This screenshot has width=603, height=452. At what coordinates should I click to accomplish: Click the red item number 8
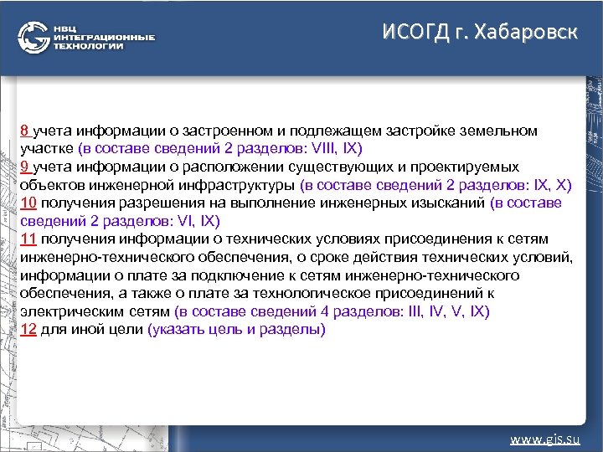point(25,131)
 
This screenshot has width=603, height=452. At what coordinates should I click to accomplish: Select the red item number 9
point(25,167)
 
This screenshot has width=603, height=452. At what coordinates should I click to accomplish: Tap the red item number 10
point(28,203)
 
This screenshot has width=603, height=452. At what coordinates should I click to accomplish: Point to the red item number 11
point(28,239)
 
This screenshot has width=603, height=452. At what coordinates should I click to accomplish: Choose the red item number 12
point(28,329)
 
